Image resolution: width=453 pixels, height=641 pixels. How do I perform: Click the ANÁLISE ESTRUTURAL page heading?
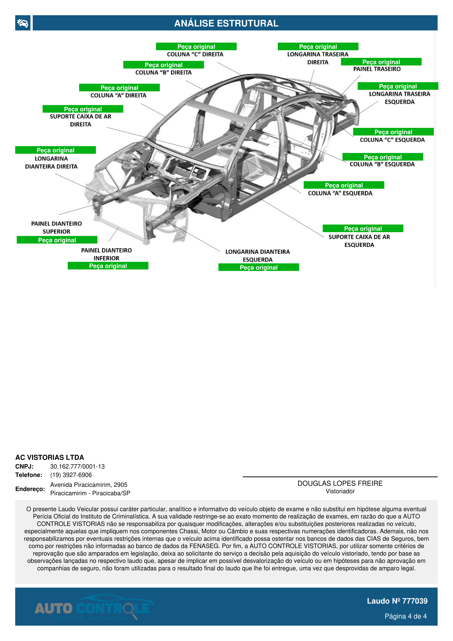click(226, 23)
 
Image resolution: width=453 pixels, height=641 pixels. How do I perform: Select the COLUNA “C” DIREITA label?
click(195, 54)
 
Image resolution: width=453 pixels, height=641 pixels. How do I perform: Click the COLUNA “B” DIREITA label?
click(163, 73)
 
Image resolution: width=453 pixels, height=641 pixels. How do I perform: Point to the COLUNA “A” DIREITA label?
click(118, 96)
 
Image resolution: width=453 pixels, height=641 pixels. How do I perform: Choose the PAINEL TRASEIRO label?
click(377, 69)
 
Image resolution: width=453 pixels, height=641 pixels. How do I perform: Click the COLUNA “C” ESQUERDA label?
click(392, 140)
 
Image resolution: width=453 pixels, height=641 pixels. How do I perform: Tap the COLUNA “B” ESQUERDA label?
click(382, 164)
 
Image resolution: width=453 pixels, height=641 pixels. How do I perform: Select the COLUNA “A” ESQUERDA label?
click(340, 193)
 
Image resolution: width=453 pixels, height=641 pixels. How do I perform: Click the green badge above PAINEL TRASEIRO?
click(381, 62)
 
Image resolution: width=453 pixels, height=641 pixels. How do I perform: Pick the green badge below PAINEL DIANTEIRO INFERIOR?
click(108, 266)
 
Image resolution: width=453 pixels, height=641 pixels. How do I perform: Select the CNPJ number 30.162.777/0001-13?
click(77, 467)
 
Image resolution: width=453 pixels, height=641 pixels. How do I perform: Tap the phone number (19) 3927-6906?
click(71, 475)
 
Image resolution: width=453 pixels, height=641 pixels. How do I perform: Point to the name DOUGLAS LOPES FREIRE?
click(340, 484)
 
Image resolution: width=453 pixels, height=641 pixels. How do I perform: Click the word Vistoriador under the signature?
click(340, 491)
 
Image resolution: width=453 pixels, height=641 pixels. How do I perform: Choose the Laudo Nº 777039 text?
click(397, 601)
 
